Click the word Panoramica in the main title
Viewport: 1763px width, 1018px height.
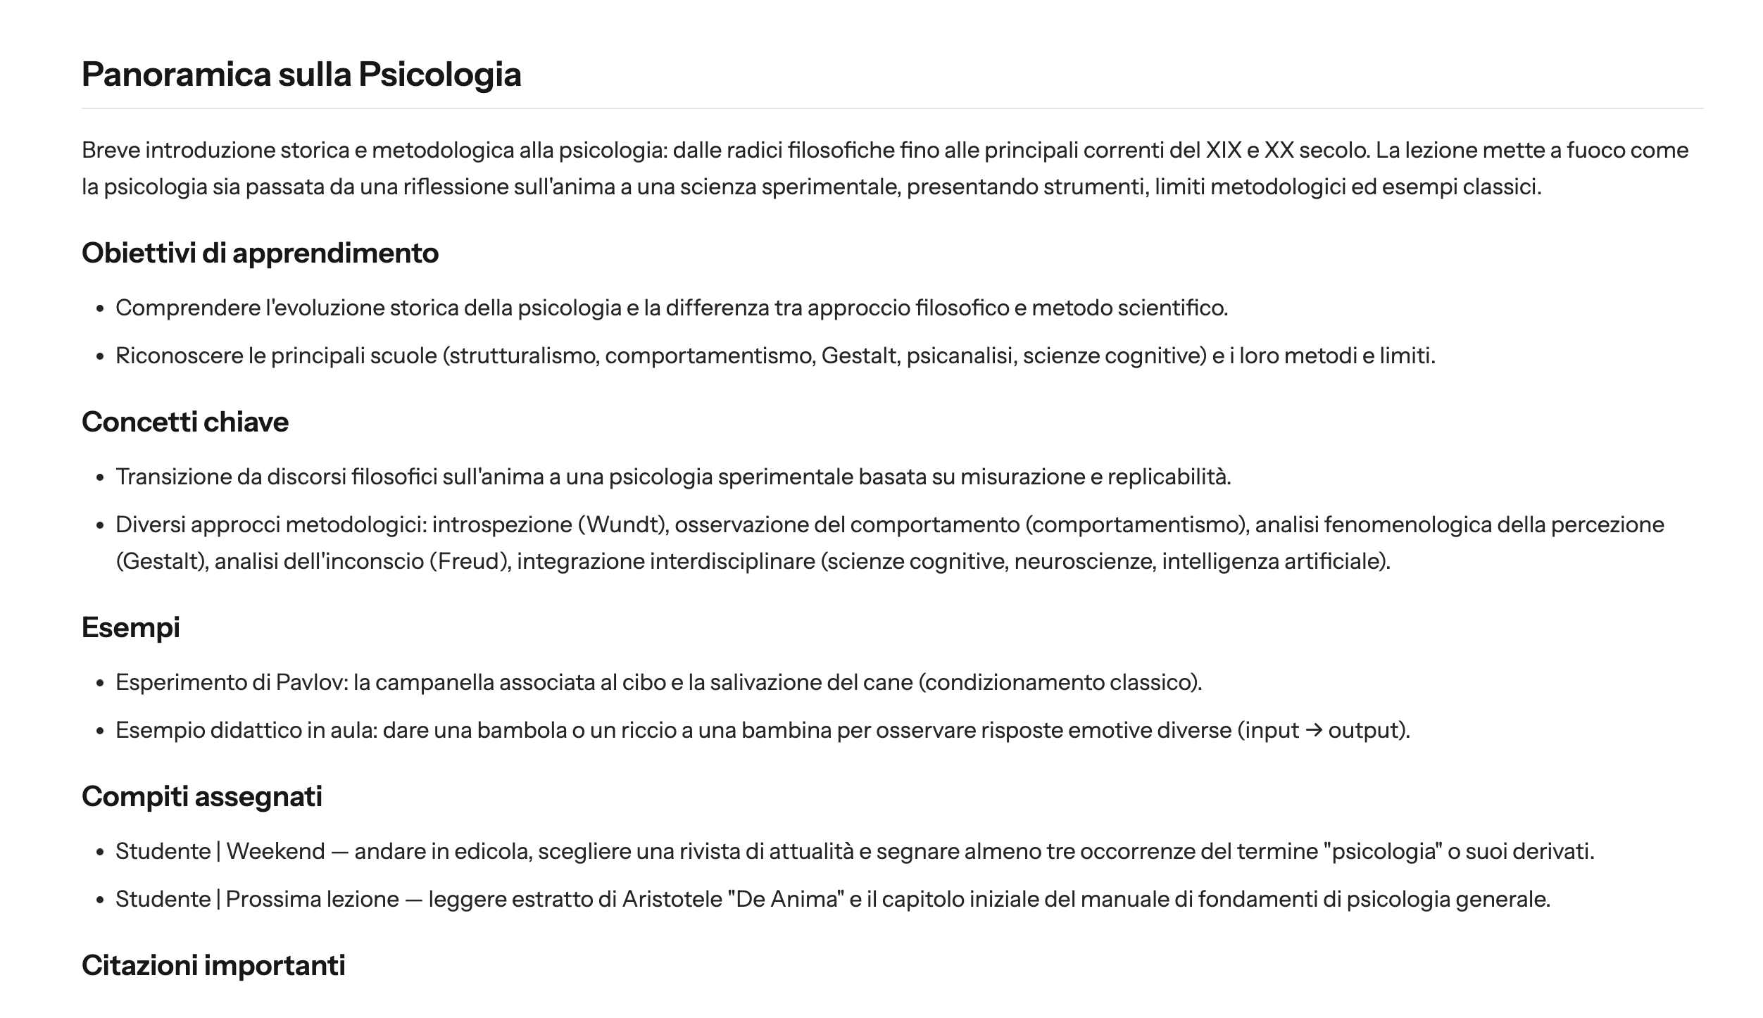pos(176,75)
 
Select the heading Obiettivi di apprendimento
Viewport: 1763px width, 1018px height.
pos(260,253)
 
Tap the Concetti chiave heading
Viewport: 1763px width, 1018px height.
pos(185,422)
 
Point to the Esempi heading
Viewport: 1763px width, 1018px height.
pos(131,627)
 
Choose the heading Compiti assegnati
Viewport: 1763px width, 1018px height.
pos(202,796)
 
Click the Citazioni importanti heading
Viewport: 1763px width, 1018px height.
pos(213,965)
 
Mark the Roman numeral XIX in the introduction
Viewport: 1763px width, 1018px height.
pos(1224,150)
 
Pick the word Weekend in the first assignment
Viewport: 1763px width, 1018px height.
pos(275,851)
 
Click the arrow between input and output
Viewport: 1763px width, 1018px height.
pos(1313,730)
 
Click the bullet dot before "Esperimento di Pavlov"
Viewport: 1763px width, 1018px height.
pos(101,683)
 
